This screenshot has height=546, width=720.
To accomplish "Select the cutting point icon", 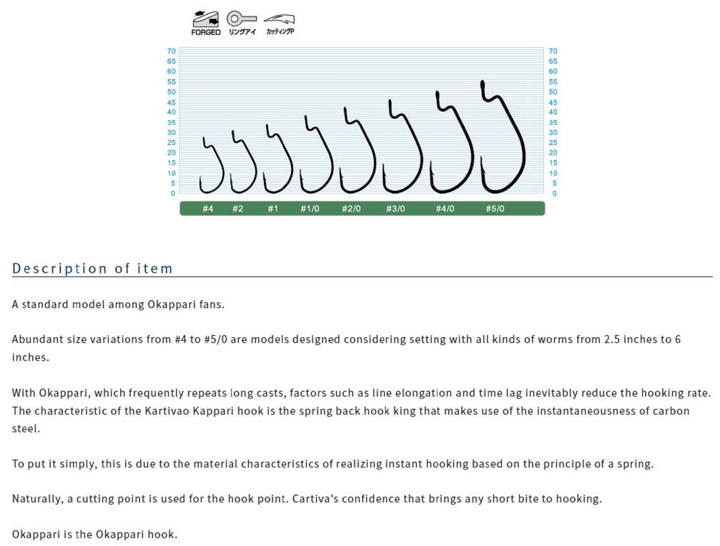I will [280, 23].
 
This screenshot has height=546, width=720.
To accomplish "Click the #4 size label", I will [208, 208].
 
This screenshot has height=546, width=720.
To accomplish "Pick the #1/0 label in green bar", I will [310, 208].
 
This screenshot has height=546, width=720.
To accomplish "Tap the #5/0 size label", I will [495, 208].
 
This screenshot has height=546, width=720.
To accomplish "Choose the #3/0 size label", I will [395, 208].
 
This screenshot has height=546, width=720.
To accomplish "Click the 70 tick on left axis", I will [171, 51].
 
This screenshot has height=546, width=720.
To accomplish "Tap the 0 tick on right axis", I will [554, 193].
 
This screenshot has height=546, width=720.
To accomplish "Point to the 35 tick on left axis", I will [171, 122].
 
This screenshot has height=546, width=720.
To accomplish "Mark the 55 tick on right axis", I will [553, 82].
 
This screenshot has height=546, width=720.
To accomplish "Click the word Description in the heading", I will [59, 269].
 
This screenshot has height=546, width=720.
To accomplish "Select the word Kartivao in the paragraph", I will [167, 411].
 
